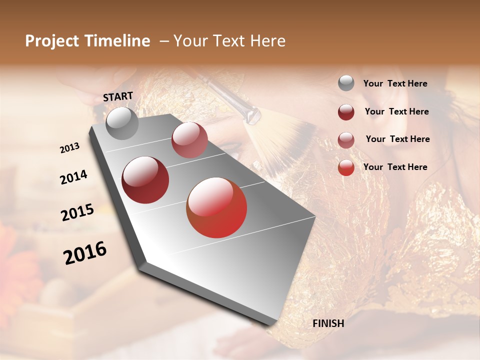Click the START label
pos(118,96)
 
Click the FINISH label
pos(328,323)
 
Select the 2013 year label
pos(69,148)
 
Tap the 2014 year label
pos(73,177)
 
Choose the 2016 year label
pos(85,253)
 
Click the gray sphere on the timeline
pos(122,123)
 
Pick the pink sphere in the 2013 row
pos(189,140)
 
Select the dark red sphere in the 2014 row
pos(145,180)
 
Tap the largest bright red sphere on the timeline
pos(216,207)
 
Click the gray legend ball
pos(346,83)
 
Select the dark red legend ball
pos(346,112)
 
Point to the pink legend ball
pos(346,140)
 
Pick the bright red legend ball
pos(346,168)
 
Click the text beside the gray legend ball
pos(395,84)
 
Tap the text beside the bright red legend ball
pos(395,167)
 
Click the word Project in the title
pos(52,41)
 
